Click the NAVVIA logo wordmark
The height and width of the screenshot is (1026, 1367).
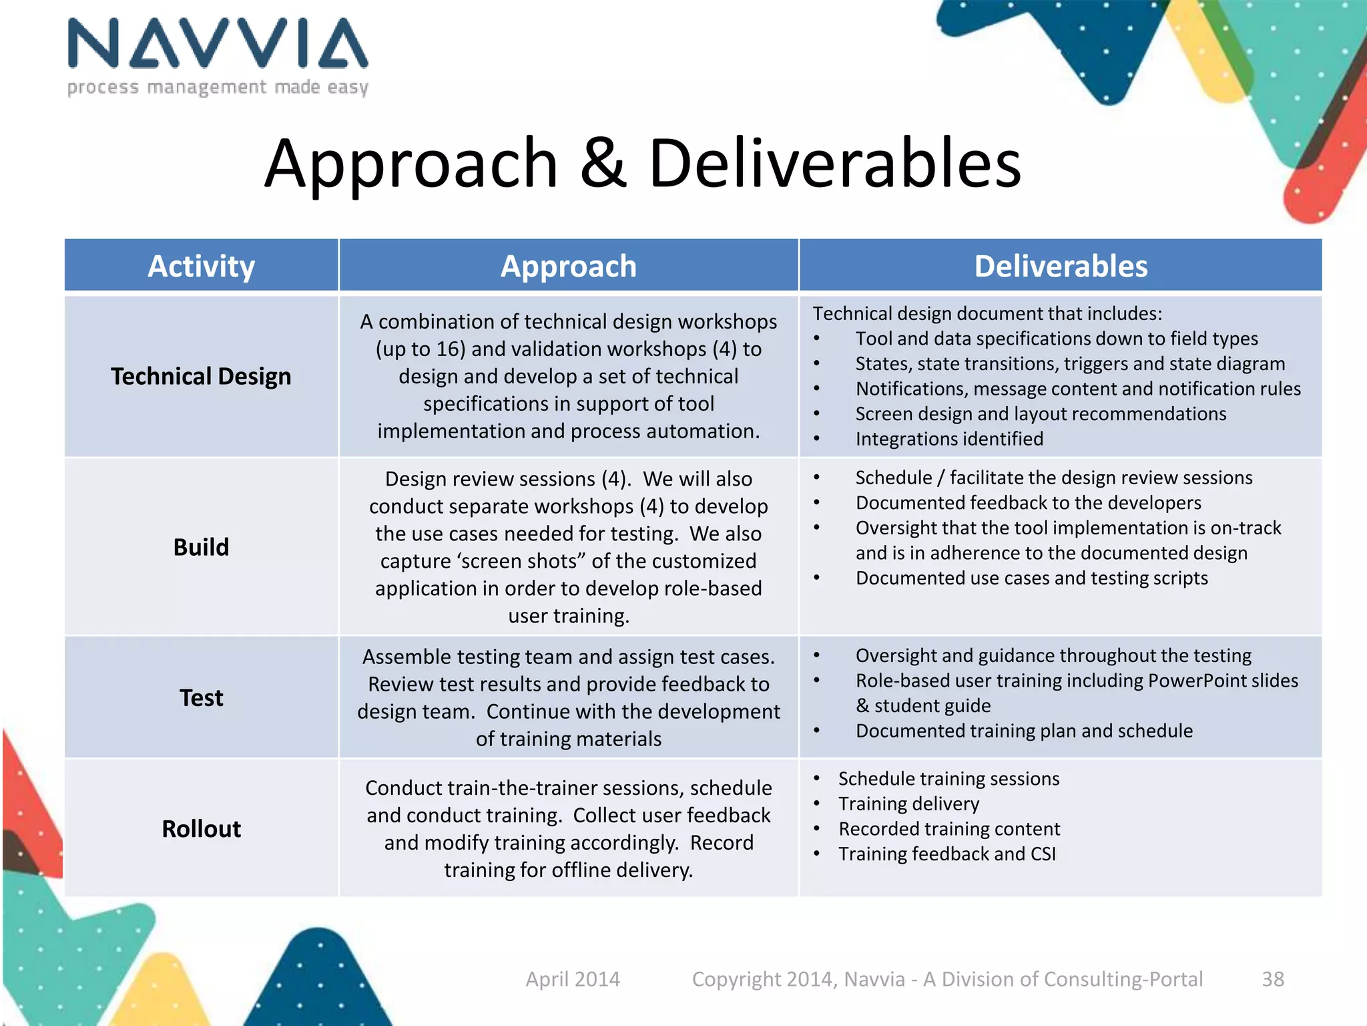218,44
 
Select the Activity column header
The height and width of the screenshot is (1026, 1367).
201,267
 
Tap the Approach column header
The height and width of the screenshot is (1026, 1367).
569,267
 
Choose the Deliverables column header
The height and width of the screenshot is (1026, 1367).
1061,267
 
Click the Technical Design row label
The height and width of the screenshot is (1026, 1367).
201,377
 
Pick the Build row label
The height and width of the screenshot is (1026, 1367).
201,547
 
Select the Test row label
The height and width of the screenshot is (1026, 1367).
201,698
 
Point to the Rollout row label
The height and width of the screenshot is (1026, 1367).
201,829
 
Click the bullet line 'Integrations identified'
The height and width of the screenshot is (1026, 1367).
949,439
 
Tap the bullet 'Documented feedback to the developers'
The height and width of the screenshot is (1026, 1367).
1028,503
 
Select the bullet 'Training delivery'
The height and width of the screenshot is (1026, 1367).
908,804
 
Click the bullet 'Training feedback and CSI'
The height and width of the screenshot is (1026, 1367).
947,854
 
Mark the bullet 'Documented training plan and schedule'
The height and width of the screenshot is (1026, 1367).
1024,731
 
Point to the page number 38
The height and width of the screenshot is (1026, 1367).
1272,979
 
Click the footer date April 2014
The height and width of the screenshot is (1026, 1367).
573,979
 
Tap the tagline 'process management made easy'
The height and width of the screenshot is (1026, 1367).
218,88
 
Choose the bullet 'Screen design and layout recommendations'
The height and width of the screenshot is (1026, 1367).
1041,414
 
